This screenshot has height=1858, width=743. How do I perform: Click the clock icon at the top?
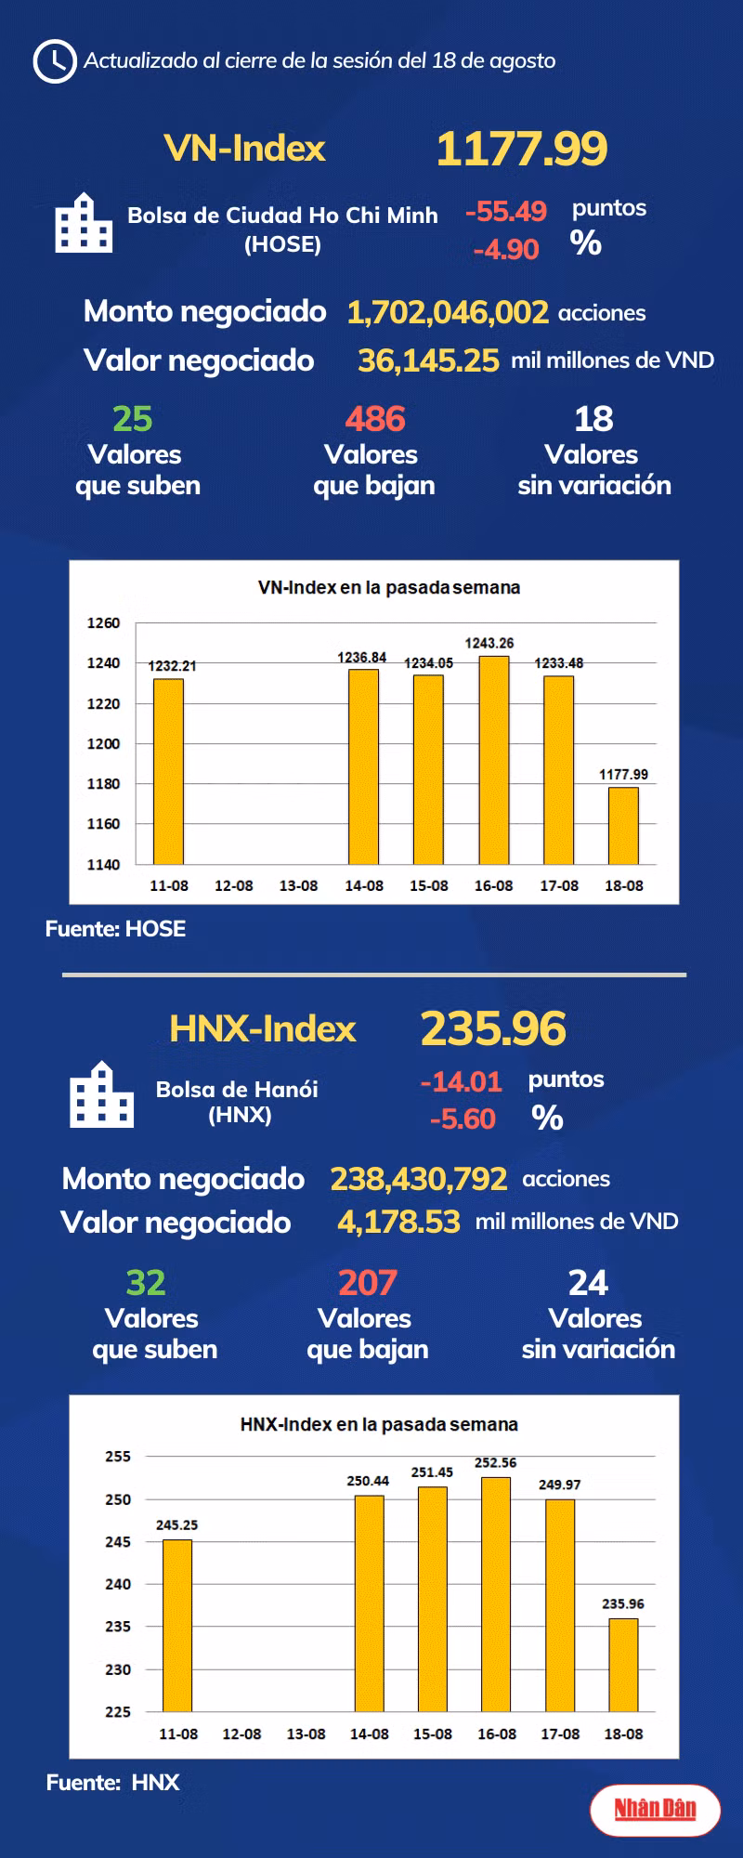(x=54, y=61)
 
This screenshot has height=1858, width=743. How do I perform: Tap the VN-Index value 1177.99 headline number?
(x=521, y=149)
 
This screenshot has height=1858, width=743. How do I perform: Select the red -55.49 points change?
(x=505, y=211)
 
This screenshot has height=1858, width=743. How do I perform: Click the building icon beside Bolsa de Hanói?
(x=101, y=1095)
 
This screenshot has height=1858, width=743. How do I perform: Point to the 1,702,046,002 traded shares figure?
(x=447, y=312)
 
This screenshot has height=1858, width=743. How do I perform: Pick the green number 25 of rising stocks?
(x=132, y=419)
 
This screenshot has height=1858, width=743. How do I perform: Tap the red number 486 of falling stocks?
(x=375, y=419)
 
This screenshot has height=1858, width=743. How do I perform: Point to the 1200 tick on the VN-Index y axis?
(x=103, y=743)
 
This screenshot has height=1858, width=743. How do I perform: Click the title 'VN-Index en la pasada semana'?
(x=388, y=587)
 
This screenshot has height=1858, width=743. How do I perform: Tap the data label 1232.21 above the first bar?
(x=172, y=665)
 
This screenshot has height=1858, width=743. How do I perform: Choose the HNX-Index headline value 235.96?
(x=492, y=1028)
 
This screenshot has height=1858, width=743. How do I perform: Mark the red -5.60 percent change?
(x=463, y=1119)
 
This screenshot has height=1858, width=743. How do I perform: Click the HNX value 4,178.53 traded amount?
(x=398, y=1222)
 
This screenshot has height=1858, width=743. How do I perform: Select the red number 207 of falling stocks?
(x=368, y=1283)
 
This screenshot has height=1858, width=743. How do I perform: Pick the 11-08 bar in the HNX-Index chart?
(x=177, y=1625)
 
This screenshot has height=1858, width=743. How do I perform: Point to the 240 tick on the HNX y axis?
(x=118, y=1584)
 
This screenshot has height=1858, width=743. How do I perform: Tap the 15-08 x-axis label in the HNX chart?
(x=433, y=1734)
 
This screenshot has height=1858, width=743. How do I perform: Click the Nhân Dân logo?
(x=655, y=1808)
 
